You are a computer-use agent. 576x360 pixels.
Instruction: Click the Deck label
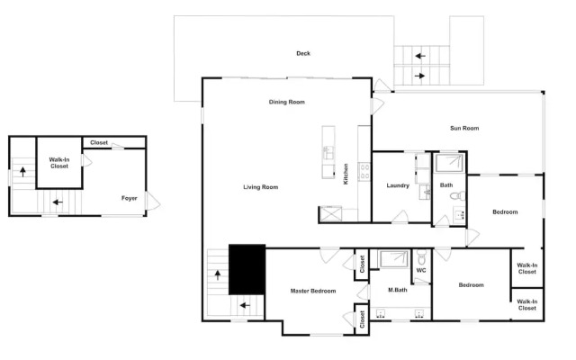pos(303,53)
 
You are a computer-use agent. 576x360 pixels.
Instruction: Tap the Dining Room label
pos(287,102)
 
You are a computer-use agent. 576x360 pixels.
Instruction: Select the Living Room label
pos(261,187)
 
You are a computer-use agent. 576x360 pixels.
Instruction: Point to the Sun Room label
pos(464,128)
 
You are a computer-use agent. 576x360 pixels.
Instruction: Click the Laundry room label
pos(398,185)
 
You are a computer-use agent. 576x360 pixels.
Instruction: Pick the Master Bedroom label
pos(313,291)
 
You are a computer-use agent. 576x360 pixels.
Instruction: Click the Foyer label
pos(130,198)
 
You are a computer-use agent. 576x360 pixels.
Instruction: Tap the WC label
pos(421,270)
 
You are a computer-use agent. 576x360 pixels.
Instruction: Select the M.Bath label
pos(398,290)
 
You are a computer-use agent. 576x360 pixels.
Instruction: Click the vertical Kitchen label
pos(346,174)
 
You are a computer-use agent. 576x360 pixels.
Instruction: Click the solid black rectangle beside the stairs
pos(247,269)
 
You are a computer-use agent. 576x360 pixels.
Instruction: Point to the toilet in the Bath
pos(457,196)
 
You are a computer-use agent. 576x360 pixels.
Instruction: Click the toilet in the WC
pos(422,257)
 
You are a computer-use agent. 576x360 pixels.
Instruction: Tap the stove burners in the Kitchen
pos(364,172)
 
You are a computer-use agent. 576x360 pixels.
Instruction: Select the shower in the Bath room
pos(450,163)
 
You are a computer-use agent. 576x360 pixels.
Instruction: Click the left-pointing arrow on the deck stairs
pos(420,56)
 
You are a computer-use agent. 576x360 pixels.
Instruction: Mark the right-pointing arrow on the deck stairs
pos(419,76)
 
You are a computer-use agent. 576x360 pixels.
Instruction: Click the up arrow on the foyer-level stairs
pos(22,172)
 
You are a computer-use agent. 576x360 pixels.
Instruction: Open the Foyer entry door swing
pos(152,201)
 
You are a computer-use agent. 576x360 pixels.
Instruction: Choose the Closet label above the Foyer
pos(99,142)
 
